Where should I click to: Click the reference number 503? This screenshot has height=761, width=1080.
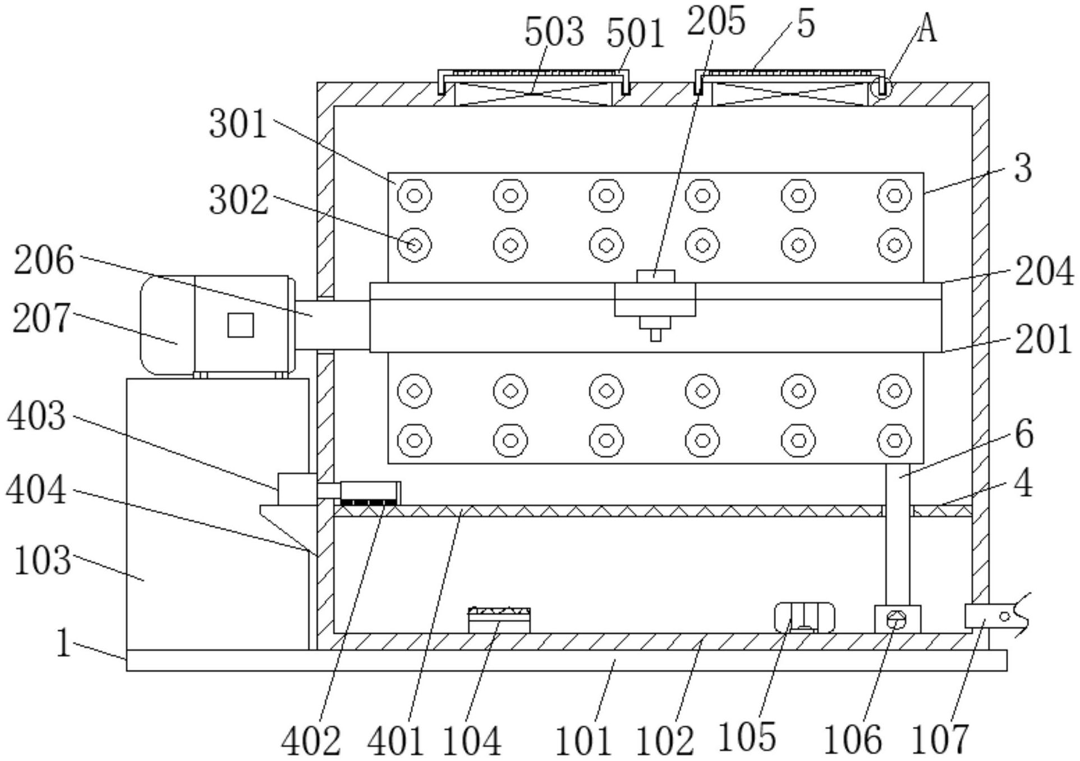(x=554, y=32)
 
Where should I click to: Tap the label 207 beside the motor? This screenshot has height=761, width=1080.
(x=42, y=318)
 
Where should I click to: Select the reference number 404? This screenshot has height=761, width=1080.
(x=36, y=490)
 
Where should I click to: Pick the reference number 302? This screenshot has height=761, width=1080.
(x=238, y=200)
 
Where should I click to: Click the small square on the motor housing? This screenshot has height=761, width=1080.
(x=240, y=325)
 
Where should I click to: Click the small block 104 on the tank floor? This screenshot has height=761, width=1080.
(x=499, y=621)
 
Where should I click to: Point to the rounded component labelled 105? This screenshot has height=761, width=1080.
(x=803, y=617)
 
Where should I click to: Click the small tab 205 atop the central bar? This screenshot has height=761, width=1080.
(x=655, y=276)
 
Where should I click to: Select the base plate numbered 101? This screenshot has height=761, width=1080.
(x=566, y=660)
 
